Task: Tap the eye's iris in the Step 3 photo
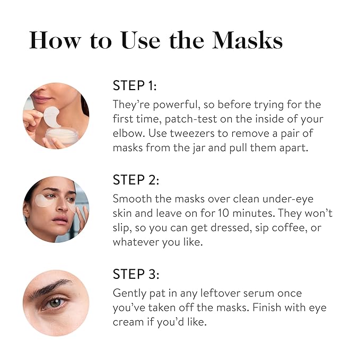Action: click(x=55, y=303)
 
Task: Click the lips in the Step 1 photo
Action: click(x=43, y=99)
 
